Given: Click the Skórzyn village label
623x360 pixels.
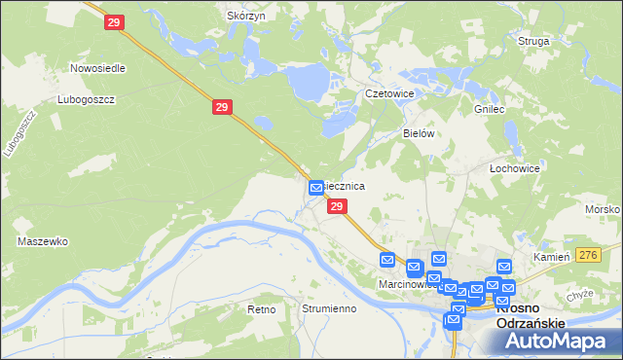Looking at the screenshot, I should tap(245, 17).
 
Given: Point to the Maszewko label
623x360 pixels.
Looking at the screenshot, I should tap(42, 240).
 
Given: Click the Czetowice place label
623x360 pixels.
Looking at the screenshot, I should tap(389, 93).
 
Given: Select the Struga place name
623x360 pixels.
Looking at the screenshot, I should tap(535, 42).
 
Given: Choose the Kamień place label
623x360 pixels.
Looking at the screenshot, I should tap(550, 257).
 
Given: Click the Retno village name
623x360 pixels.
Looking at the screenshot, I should tap(262, 308).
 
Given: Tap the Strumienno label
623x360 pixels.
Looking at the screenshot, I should tap(328, 308).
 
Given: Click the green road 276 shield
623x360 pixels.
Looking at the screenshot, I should tap(586, 254).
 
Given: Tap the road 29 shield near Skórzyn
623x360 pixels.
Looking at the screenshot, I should tap(114, 21).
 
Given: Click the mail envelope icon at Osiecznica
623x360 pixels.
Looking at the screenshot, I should tap(316, 187).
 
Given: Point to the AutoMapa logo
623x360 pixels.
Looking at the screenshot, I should tap(558, 342).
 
